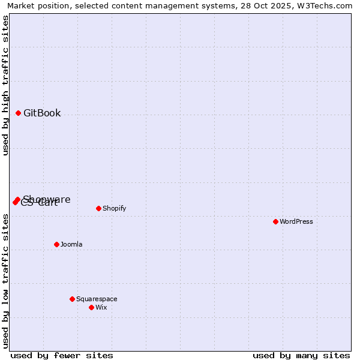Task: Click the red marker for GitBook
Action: click(19, 113)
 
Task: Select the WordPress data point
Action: click(276, 221)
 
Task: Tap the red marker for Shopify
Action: click(99, 208)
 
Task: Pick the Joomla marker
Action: click(57, 244)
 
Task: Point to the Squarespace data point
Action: click(73, 299)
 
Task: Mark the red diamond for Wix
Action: click(92, 307)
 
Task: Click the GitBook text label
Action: click(42, 113)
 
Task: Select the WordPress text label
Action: click(296, 221)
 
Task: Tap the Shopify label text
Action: click(115, 208)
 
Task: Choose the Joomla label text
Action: click(71, 244)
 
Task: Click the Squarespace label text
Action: click(97, 299)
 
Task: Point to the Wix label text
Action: click(101, 307)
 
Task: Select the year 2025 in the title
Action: click(274, 5)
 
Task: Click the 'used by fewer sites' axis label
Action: click(62, 355)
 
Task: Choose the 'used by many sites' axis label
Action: click(301, 355)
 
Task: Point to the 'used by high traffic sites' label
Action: click(5, 85)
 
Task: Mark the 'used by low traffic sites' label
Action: click(5, 281)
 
